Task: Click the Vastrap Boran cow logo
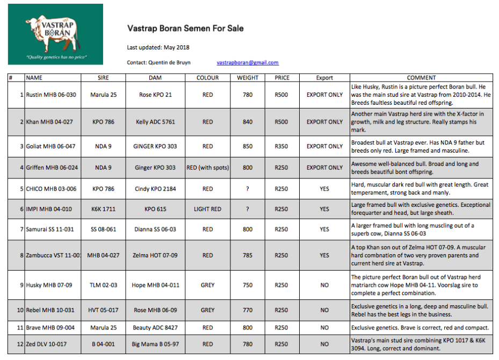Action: pyautogui.click(x=55, y=34)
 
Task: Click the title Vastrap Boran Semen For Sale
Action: pyautogui.click(x=185, y=28)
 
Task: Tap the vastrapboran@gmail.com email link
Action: pyautogui.click(x=248, y=63)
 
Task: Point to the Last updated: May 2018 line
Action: pyautogui.click(x=158, y=47)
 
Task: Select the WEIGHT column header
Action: pyautogui.click(x=248, y=78)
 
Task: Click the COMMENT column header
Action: pyautogui.click(x=421, y=78)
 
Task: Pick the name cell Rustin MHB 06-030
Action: pyautogui.click(x=51, y=95)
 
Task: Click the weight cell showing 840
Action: pyautogui.click(x=248, y=122)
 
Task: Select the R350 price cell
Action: pyautogui.click(x=281, y=146)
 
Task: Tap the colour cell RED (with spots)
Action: pyautogui.click(x=207, y=168)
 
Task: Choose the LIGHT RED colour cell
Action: pyautogui.click(x=207, y=209)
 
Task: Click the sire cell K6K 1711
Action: pyautogui.click(x=103, y=209)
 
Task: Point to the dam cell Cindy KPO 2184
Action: pyautogui.click(x=155, y=189)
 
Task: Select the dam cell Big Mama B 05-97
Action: pyautogui.click(x=155, y=344)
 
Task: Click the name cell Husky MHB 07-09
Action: pyautogui.click(x=49, y=285)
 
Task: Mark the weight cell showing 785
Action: pyautogui.click(x=248, y=256)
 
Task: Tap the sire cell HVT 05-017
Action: pyautogui.click(x=103, y=310)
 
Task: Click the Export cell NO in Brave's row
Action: pyautogui.click(x=324, y=327)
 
